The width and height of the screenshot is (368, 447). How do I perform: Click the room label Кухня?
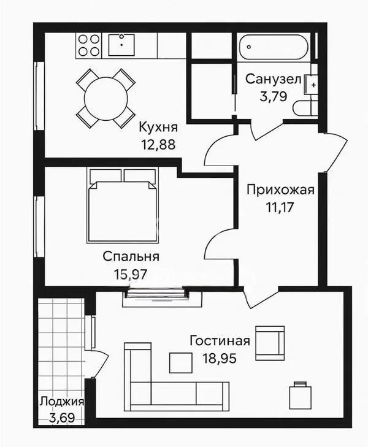pos(158,128)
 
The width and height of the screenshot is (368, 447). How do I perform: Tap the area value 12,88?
pos(158,146)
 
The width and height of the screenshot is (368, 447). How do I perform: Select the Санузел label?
pos(273,79)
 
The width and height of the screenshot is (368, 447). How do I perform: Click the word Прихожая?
pos(280,190)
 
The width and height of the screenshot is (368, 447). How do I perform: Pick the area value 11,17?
pos(280,207)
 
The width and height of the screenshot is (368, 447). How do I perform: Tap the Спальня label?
pos(131,256)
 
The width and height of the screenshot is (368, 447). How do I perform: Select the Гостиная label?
pos(220,341)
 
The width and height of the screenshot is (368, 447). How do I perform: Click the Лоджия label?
pos(61,402)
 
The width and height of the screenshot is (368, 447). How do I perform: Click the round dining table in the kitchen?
pos(106,98)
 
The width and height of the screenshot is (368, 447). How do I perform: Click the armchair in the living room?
pos(270,343)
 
